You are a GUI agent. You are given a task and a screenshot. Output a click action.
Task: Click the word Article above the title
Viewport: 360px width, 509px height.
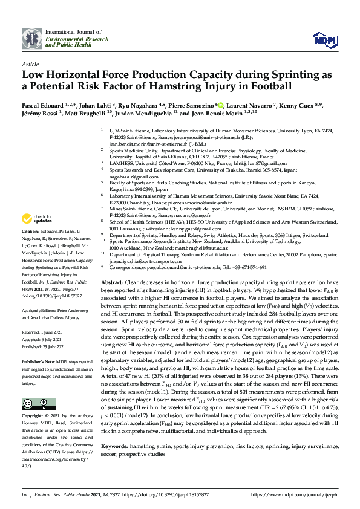click(x=29, y=63)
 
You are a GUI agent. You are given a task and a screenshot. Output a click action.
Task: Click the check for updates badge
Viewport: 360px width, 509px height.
click(x=36, y=218)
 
